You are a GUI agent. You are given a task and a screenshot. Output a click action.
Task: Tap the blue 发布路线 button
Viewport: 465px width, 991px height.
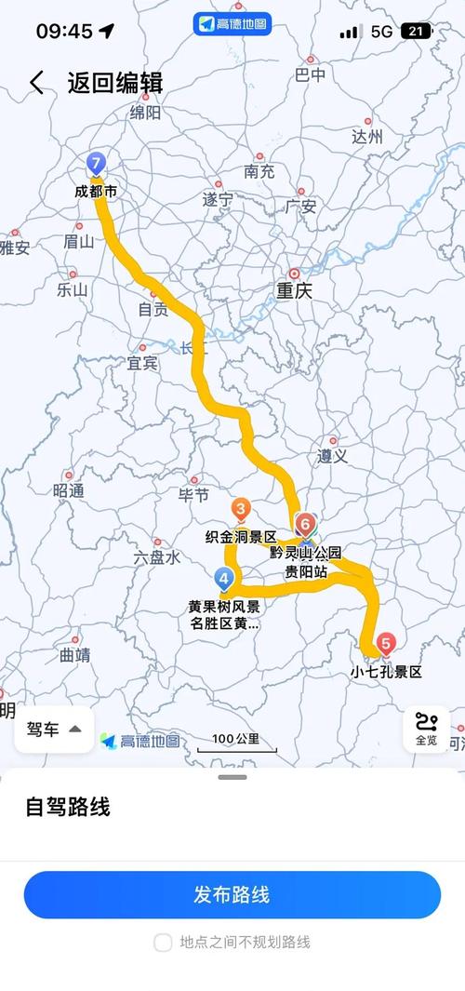point(232,895)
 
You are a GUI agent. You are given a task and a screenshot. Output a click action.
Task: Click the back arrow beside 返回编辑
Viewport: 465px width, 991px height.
point(36,82)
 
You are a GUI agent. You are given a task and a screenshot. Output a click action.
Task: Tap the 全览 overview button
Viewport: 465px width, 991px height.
point(426,730)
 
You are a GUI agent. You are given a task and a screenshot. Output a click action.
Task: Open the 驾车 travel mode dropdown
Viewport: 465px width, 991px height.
point(54,730)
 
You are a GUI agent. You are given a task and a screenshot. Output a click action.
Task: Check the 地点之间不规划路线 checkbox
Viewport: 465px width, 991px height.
point(163,943)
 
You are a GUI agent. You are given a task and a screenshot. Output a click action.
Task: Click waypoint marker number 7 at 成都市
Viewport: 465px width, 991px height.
point(95,164)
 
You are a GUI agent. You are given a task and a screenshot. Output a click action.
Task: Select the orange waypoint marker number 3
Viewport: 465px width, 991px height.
point(241,509)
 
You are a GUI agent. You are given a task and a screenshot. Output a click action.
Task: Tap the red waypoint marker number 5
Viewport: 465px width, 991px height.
point(386,642)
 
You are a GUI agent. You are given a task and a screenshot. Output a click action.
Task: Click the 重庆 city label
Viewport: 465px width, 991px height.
point(293,290)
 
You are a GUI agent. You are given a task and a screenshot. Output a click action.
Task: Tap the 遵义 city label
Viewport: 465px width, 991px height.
point(332,456)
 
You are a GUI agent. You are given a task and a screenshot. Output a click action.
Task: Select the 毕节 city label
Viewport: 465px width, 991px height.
point(193,494)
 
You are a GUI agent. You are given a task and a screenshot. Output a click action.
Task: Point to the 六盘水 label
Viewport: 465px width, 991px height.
point(157,556)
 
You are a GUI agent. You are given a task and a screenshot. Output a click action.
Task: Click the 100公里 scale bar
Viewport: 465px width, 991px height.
point(235,742)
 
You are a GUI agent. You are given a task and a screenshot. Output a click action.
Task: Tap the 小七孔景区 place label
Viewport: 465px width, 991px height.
point(386,671)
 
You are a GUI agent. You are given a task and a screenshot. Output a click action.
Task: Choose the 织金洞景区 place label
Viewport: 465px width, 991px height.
point(241,537)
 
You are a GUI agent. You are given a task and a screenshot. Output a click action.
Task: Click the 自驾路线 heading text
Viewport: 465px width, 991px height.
point(67,807)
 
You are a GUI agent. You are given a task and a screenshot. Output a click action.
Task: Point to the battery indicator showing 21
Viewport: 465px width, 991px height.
point(416,32)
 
